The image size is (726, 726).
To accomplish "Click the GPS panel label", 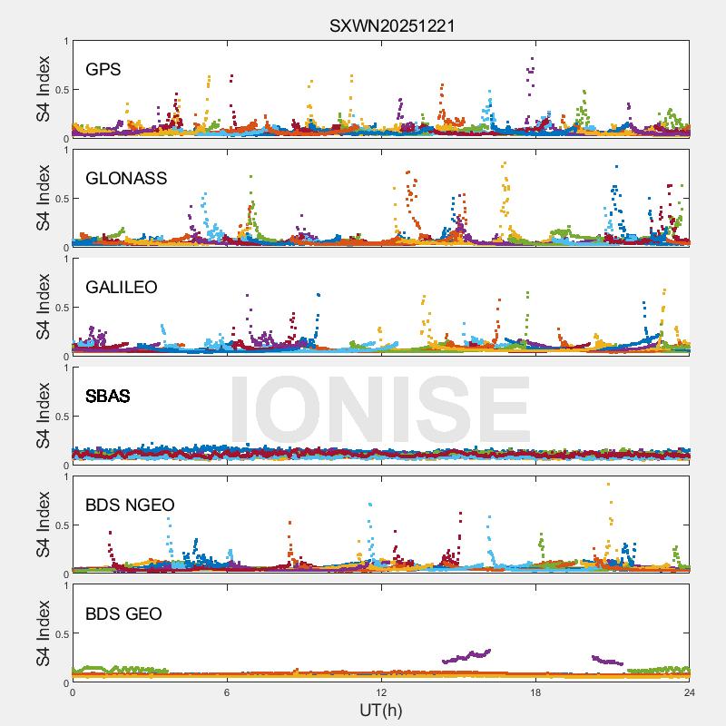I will click(103, 69).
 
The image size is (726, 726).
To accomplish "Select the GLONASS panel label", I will click(126, 178).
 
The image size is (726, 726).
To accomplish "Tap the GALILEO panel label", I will click(122, 287).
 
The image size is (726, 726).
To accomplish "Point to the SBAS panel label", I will click(108, 396).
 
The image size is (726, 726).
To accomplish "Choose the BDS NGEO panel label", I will click(130, 505).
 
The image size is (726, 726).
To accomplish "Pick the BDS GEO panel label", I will click(123, 613).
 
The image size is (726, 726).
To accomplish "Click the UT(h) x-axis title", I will click(380, 709).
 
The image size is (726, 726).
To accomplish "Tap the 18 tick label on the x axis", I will click(535, 692).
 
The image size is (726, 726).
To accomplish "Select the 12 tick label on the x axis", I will click(381, 692).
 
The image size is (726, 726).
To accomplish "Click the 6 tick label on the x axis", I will click(227, 692).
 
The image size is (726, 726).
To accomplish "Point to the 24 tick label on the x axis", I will click(689, 692).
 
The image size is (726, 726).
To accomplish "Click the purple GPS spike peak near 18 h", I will click(532, 59).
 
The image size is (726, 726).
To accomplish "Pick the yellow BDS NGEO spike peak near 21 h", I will click(608, 485).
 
